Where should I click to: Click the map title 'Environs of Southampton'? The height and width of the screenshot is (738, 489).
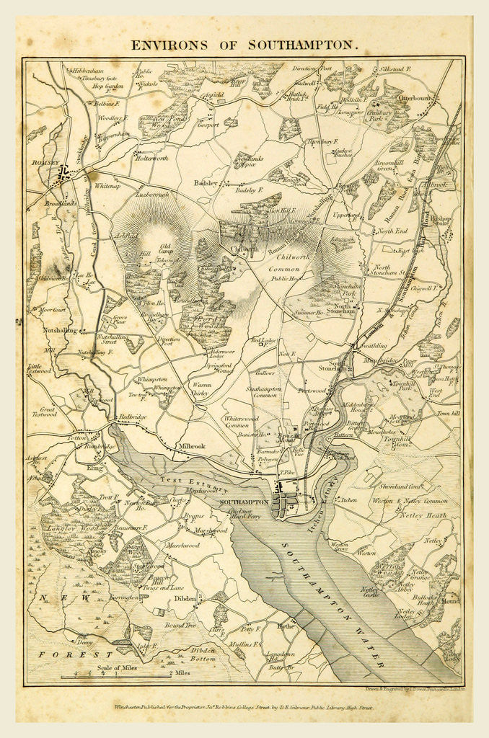pos(244,45)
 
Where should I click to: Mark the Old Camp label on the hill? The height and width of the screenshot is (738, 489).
pos(166,249)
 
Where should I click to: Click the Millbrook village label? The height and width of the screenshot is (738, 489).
pos(190,446)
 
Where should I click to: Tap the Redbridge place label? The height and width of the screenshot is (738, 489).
pos(133,417)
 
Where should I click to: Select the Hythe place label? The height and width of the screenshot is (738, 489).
pos(286,626)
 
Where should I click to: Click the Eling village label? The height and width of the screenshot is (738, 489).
pos(94,466)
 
